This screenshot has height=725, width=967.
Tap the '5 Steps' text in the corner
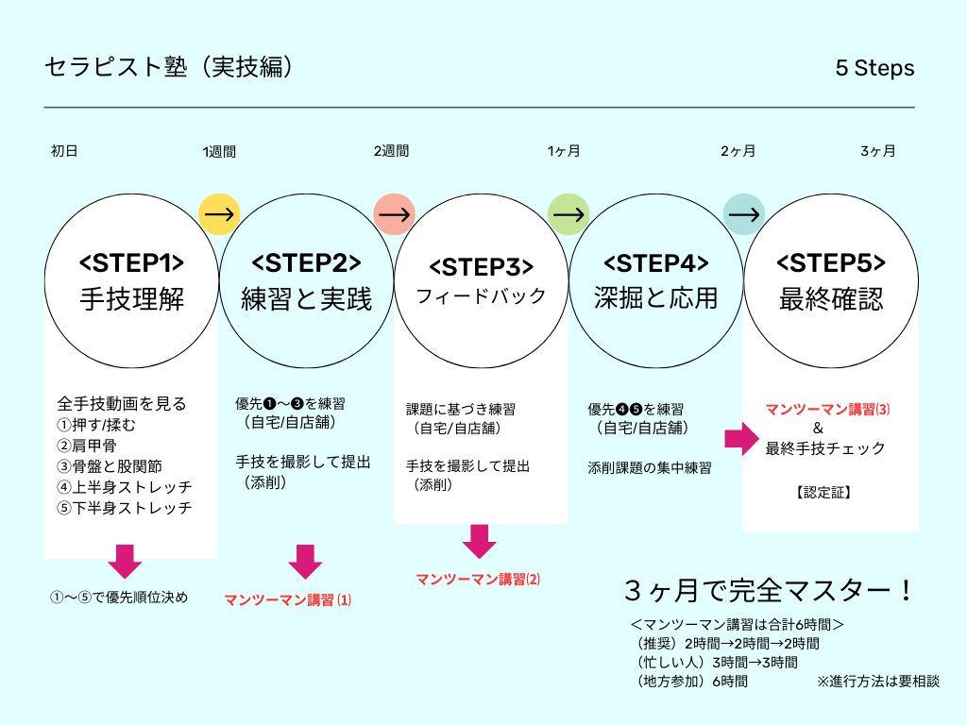pos(874,69)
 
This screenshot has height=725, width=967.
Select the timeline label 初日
pos(64,151)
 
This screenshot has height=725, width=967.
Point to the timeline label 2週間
pos(391,151)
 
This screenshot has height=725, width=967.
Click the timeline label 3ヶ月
pos(877,151)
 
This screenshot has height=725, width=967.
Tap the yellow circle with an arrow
pos(219,214)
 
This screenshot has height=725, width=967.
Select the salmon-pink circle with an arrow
pos(394,214)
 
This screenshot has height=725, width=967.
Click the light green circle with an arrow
pos(568,214)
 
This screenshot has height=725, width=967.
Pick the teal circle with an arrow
pos(743,214)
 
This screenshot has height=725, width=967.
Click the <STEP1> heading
pos(131,262)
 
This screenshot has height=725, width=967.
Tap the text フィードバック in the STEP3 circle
pos(482,296)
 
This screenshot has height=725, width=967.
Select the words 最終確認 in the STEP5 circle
pos(831,299)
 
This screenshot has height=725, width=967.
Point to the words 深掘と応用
pos(656,298)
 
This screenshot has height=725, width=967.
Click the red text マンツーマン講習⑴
pos(288,599)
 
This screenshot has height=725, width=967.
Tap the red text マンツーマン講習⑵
pos(479,579)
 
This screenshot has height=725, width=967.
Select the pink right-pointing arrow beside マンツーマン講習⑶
pos(741,438)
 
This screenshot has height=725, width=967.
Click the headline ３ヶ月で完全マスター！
pos(769,592)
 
